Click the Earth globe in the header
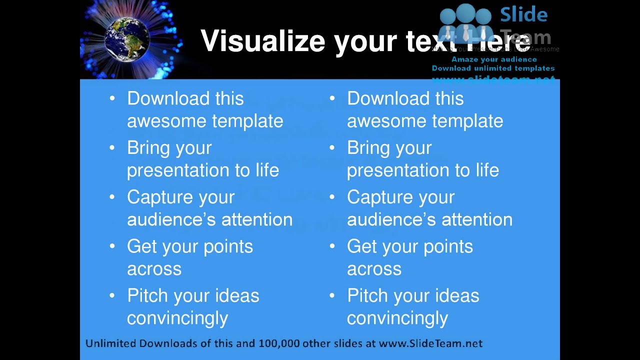(127, 39)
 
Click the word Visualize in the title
(263, 41)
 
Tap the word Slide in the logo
(524, 14)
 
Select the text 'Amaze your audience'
(494, 59)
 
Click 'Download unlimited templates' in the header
(493, 68)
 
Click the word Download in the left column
(168, 98)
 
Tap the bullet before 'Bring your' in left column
(112, 147)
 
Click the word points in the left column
(227, 246)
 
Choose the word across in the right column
(374, 269)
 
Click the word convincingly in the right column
(397, 318)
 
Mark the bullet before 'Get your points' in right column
(332, 246)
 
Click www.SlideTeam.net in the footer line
(430, 343)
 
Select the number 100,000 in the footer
(277, 343)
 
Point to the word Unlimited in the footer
(111, 343)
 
